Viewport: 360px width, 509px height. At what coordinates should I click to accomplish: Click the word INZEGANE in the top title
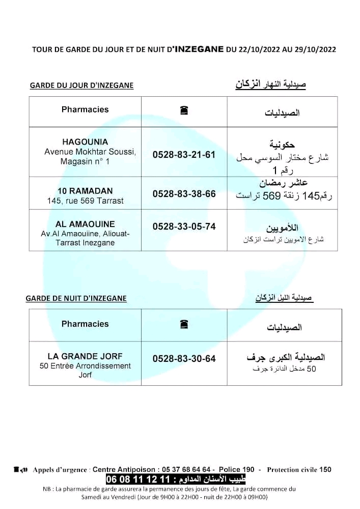point(199,49)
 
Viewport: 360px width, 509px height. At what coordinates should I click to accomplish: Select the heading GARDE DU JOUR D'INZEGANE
point(81,86)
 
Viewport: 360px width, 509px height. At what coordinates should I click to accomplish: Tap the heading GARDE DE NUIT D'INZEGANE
point(76,298)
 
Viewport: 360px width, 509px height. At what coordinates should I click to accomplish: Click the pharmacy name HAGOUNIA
point(85,142)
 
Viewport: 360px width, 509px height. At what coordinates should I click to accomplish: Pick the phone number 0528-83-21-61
point(184,154)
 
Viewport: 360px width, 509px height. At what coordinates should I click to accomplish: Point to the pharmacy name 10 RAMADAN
point(85,191)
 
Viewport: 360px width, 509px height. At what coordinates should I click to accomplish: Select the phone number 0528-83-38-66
point(184,194)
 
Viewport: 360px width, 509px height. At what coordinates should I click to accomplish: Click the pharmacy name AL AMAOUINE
point(85,224)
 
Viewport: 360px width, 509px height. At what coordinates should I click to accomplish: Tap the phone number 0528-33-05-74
point(184,227)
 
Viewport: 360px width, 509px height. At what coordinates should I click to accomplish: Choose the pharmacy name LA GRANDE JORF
point(85,356)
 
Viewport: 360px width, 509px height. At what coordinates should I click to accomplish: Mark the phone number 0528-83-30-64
point(184,359)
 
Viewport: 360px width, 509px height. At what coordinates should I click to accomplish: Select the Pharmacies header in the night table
point(85,324)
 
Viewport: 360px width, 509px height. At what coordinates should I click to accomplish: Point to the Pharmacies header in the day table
point(85,109)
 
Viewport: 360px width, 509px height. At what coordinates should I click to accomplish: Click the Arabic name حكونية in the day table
point(282,145)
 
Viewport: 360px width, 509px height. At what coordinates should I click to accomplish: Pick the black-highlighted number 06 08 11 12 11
point(137,479)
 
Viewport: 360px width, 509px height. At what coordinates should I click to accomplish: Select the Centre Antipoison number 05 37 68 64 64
point(183,469)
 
